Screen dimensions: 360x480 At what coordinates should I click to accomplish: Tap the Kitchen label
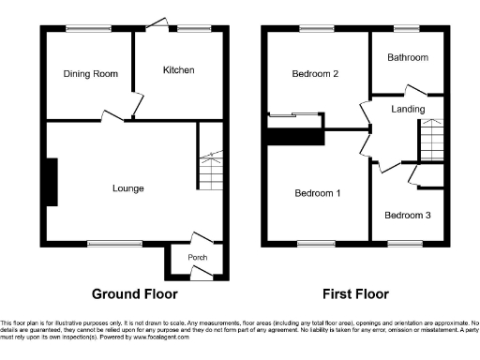[178, 70]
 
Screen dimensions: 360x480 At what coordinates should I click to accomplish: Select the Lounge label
[128, 188]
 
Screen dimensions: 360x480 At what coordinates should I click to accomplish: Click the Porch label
[198, 258]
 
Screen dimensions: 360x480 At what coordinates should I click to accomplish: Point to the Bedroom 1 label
[317, 193]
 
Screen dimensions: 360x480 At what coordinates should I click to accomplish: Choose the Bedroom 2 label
[314, 74]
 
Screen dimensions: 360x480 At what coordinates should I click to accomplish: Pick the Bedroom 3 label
[409, 215]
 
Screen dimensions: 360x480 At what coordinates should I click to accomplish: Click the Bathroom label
[408, 57]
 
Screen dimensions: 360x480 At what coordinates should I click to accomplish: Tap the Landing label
[409, 110]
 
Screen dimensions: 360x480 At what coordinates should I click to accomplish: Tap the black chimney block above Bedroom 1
[295, 136]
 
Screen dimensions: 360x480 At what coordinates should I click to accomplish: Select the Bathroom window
[407, 28]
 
